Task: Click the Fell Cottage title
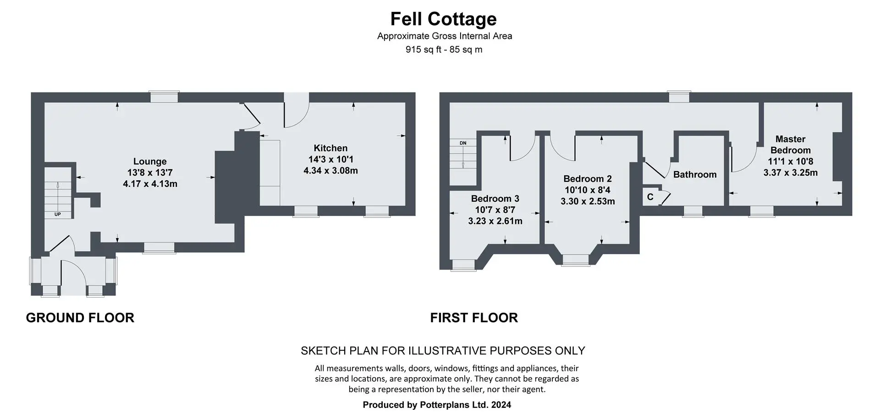click(x=443, y=19)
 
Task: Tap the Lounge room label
click(x=150, y=162)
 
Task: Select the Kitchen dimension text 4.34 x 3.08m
click(x=330, y=171)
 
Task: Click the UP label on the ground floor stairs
click(x=58, y=214)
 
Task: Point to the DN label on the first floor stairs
click(x=463, y=143)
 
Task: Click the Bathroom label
click(x=695, y=174)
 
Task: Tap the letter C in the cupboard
click(x=650, y=197)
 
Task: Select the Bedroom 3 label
click(x=495, y=199)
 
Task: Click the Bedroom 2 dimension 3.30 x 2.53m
click(x=588, y=201)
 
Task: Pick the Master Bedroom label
click(x=790, y=145)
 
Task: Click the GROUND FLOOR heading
click(x=80, y=318)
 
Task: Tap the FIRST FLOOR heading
click(x=474, y=318)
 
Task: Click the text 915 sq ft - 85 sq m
click(x=444, y=49)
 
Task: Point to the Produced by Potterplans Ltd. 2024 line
click(x=437, y=405)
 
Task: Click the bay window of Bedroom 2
click(x=575, y=260)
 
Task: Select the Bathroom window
click(x=693, y=211)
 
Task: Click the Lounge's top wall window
click(x=164, y=97)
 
